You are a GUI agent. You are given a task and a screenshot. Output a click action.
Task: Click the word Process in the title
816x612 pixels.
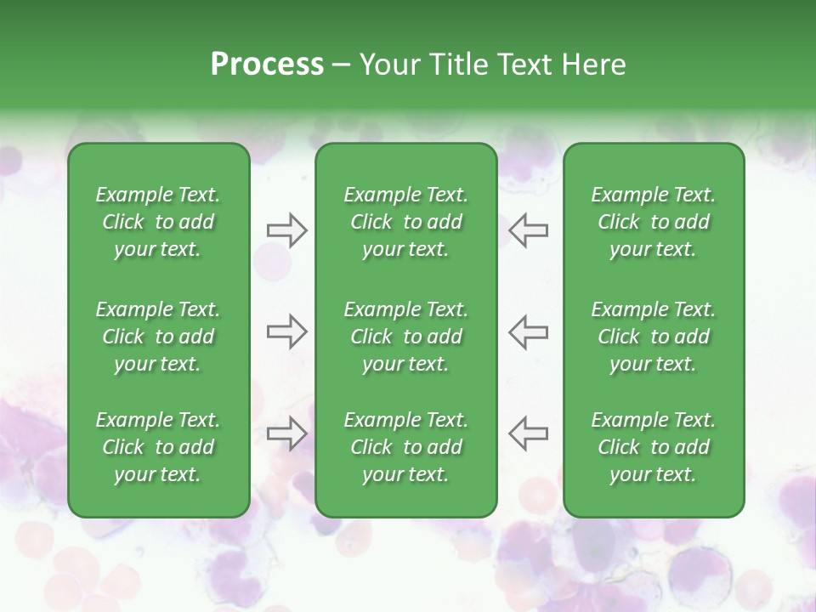[267, 64]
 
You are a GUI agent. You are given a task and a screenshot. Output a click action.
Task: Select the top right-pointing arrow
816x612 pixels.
[286, 230]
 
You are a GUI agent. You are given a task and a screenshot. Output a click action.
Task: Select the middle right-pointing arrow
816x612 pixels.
[286, 331]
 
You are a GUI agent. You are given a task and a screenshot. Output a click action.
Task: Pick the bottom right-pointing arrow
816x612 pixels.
[286, 433]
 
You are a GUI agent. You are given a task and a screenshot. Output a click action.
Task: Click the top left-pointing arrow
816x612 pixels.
[529, 230]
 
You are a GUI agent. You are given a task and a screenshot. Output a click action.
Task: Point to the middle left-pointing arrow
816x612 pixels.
[529, 331]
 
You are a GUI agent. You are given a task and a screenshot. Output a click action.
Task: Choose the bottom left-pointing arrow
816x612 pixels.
[529, 433]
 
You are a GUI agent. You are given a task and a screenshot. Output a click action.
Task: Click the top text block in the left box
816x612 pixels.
[158, 222]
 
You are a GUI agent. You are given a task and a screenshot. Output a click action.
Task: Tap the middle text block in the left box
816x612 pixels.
[158, 337]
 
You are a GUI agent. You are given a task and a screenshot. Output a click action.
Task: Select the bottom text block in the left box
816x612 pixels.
[158, 447]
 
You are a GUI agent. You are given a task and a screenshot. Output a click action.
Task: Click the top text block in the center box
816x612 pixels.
[406, 222]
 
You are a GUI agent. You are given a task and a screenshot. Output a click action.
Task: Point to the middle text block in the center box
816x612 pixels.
[406, 337]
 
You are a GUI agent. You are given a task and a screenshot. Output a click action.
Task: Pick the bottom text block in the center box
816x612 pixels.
[406, 447]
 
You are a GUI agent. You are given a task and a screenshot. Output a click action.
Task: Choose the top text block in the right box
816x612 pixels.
[654, 222]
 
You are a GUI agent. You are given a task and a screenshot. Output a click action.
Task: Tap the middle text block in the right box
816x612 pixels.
[654, 337]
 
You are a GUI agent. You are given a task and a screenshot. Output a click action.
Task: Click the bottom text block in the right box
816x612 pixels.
[654, 447]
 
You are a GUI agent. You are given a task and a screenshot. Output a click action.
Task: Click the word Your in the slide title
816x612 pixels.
[386, 64]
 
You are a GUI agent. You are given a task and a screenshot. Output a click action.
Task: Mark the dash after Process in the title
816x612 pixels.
[342, 65]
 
